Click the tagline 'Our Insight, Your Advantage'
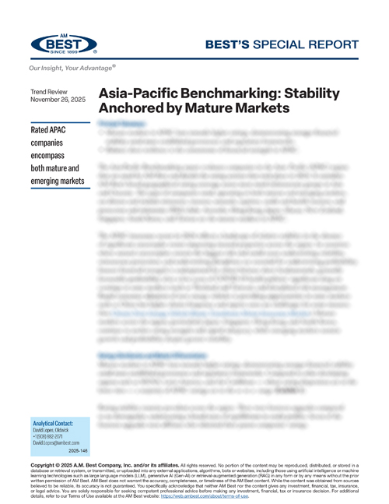click(75, 69)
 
